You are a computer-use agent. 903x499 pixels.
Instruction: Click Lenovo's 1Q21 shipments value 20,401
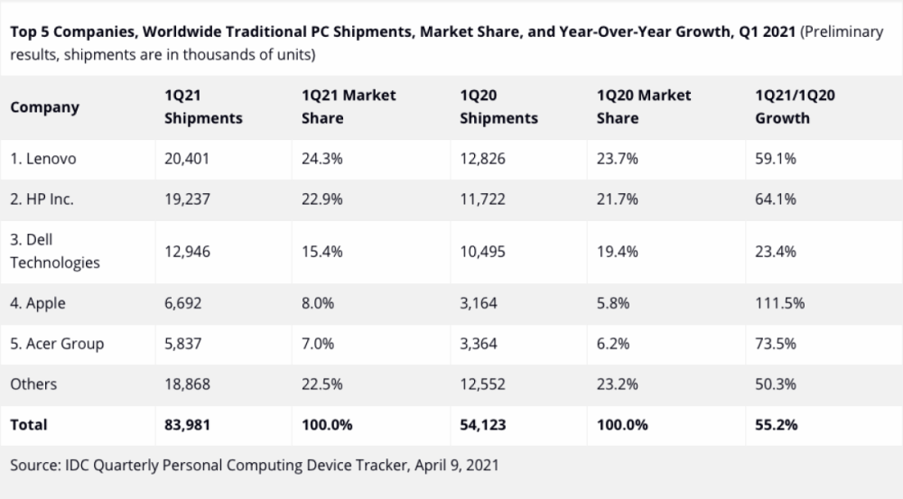click(x=187, y=159)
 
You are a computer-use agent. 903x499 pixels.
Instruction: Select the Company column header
click(x=44, y=106)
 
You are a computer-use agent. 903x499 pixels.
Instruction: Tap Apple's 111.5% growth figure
click(x=779, y=303)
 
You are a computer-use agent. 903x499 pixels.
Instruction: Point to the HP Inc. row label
click(x=42, y=200)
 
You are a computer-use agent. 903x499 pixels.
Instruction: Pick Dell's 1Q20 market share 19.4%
click(x=618, y=252)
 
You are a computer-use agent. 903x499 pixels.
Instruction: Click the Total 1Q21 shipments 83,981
click(x=187, y=424)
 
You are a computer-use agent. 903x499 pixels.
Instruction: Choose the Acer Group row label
click(x=56, y=344)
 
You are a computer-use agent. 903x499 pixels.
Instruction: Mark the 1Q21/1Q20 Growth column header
click(x=796, y=106)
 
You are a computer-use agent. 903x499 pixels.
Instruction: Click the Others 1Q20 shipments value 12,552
click(x=482, y=384)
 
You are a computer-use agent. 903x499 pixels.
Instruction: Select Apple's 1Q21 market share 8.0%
click(x=318, y=303)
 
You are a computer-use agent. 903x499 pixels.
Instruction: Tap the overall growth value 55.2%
click(x=776, y=424)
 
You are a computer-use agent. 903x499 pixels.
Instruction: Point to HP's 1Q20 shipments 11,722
click(x=482, y=200)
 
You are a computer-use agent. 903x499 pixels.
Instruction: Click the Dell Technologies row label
click(x=54, y=252)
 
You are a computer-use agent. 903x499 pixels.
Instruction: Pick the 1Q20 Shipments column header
click(x=498, y=106)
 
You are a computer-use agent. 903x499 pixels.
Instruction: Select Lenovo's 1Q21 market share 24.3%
click(x=322, y=159)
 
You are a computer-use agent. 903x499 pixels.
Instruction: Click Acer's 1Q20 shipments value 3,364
click(x=479, y=344)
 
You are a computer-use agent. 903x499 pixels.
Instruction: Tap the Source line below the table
click(x=254, y=466)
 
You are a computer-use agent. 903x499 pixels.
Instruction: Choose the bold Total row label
click(x=29, y=424)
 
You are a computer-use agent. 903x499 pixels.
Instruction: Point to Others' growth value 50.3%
click(x=776, y=384)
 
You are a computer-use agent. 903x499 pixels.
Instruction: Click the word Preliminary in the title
click(x=842, y=32)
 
